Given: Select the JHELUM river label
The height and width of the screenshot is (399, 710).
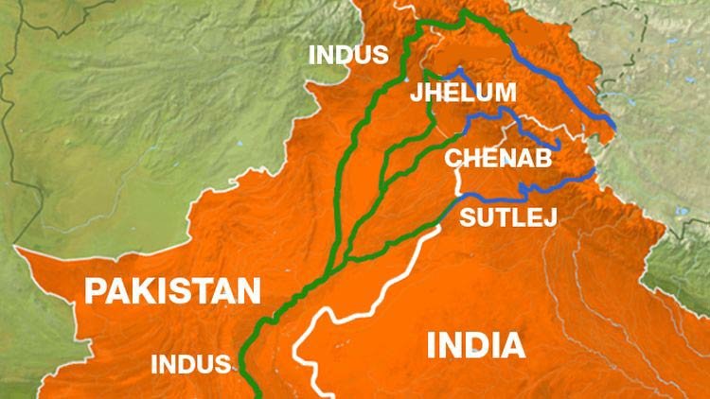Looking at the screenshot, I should tap(463, 93).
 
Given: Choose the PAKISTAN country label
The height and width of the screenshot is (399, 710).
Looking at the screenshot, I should tap(173, 289).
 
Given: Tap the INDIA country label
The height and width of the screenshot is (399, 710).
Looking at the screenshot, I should tap(476, 345).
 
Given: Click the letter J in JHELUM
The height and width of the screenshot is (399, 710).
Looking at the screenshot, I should tap(417, 93).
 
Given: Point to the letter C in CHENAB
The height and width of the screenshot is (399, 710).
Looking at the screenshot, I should tap(453, 157).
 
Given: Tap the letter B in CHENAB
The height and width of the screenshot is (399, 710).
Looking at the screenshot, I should tap(542, 157).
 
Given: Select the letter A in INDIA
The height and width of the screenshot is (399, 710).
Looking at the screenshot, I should tap(513, 345).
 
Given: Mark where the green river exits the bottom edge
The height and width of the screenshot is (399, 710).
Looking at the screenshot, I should tap(255, 394).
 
